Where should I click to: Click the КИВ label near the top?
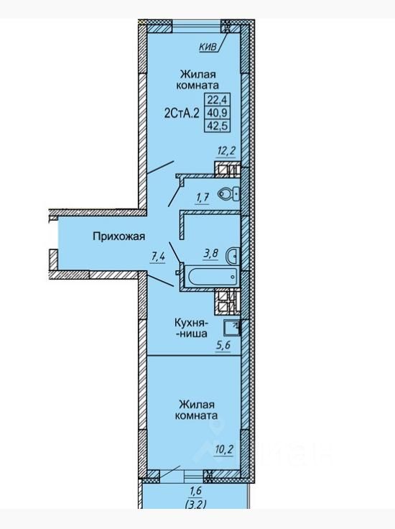pos(208,47)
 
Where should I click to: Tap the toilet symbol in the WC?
pos(229,194)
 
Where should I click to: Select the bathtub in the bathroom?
pos(212,277)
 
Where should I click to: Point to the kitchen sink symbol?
pos(231,328)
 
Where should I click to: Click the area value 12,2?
pos(226,151)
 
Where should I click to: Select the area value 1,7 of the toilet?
pos(203,198)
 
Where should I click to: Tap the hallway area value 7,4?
pos(158,257)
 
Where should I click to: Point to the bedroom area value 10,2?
pos(224,449)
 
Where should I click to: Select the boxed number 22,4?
pos(218,99)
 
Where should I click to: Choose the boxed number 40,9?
pos(218,112)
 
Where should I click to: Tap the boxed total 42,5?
pos(218,126)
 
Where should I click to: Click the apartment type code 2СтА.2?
pos(182,113)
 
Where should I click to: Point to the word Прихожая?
pos(119,236)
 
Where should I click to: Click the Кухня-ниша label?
pos(191,328)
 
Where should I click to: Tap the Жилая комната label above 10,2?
pos(196,409)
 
